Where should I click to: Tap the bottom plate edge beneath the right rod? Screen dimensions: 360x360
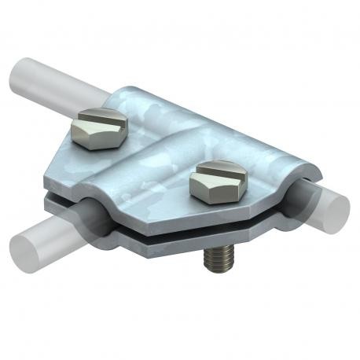[x=291, y=228]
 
